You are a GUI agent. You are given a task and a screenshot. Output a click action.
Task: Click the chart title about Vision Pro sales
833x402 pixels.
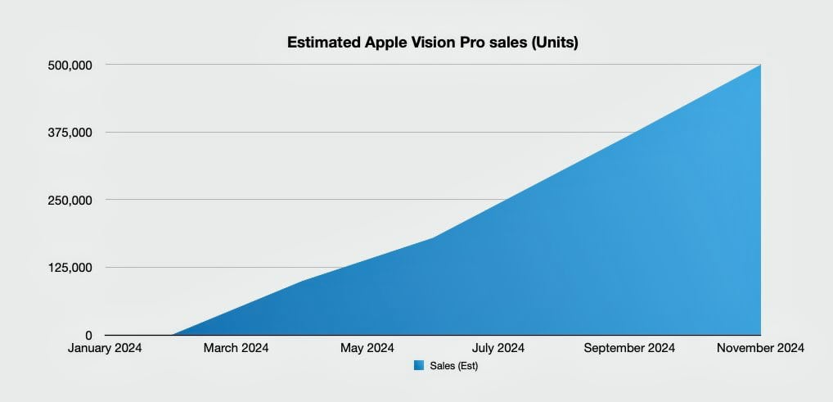(432, 43)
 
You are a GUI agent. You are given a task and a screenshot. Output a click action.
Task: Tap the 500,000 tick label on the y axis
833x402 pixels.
(70, 65)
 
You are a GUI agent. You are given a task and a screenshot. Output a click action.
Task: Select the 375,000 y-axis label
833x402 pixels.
(70, 133)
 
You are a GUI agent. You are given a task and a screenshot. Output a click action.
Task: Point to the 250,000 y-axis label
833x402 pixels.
(70, 201)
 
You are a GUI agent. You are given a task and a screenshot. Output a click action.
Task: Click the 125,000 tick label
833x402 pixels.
(70, 268)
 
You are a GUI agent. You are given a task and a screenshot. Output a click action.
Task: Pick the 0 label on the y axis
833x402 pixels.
(88, 335)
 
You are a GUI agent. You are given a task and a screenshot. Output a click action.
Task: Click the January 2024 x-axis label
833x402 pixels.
(106, 349)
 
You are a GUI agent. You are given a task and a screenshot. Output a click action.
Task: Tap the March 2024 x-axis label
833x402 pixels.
(236, 349)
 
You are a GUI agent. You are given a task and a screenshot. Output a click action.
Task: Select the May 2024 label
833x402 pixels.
(367, 349)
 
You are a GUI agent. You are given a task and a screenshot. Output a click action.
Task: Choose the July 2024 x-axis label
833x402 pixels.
(498, 349)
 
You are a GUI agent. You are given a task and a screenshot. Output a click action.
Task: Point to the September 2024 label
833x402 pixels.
(629, 349)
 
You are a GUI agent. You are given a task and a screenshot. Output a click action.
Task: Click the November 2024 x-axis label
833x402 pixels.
(760, 349)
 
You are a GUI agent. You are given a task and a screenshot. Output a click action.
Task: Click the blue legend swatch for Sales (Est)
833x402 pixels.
(419, 366)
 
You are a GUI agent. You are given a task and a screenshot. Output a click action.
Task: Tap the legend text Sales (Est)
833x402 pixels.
(453, 366)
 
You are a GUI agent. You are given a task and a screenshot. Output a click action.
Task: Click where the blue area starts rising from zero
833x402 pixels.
(173, 334)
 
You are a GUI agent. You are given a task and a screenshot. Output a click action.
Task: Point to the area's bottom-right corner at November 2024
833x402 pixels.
(759, 333)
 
